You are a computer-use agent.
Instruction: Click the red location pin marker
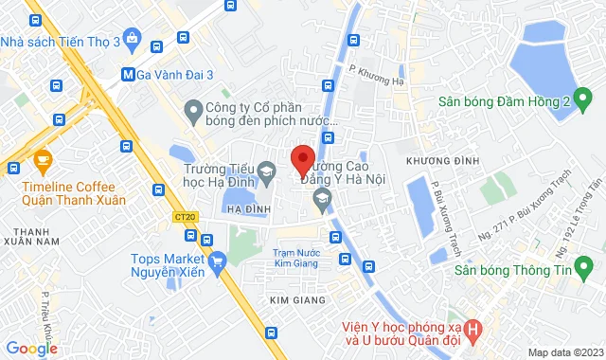point(302,160)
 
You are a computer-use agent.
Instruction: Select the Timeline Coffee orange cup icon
point(42,160)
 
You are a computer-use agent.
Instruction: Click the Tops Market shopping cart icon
point(219,260)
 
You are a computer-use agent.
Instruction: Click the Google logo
point(31,349)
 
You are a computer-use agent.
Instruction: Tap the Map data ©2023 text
point(563,352)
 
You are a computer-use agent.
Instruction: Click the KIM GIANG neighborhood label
point(297,300)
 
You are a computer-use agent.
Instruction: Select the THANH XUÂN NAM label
point(38,237)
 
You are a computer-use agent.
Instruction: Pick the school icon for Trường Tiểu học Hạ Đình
point(267,171)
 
